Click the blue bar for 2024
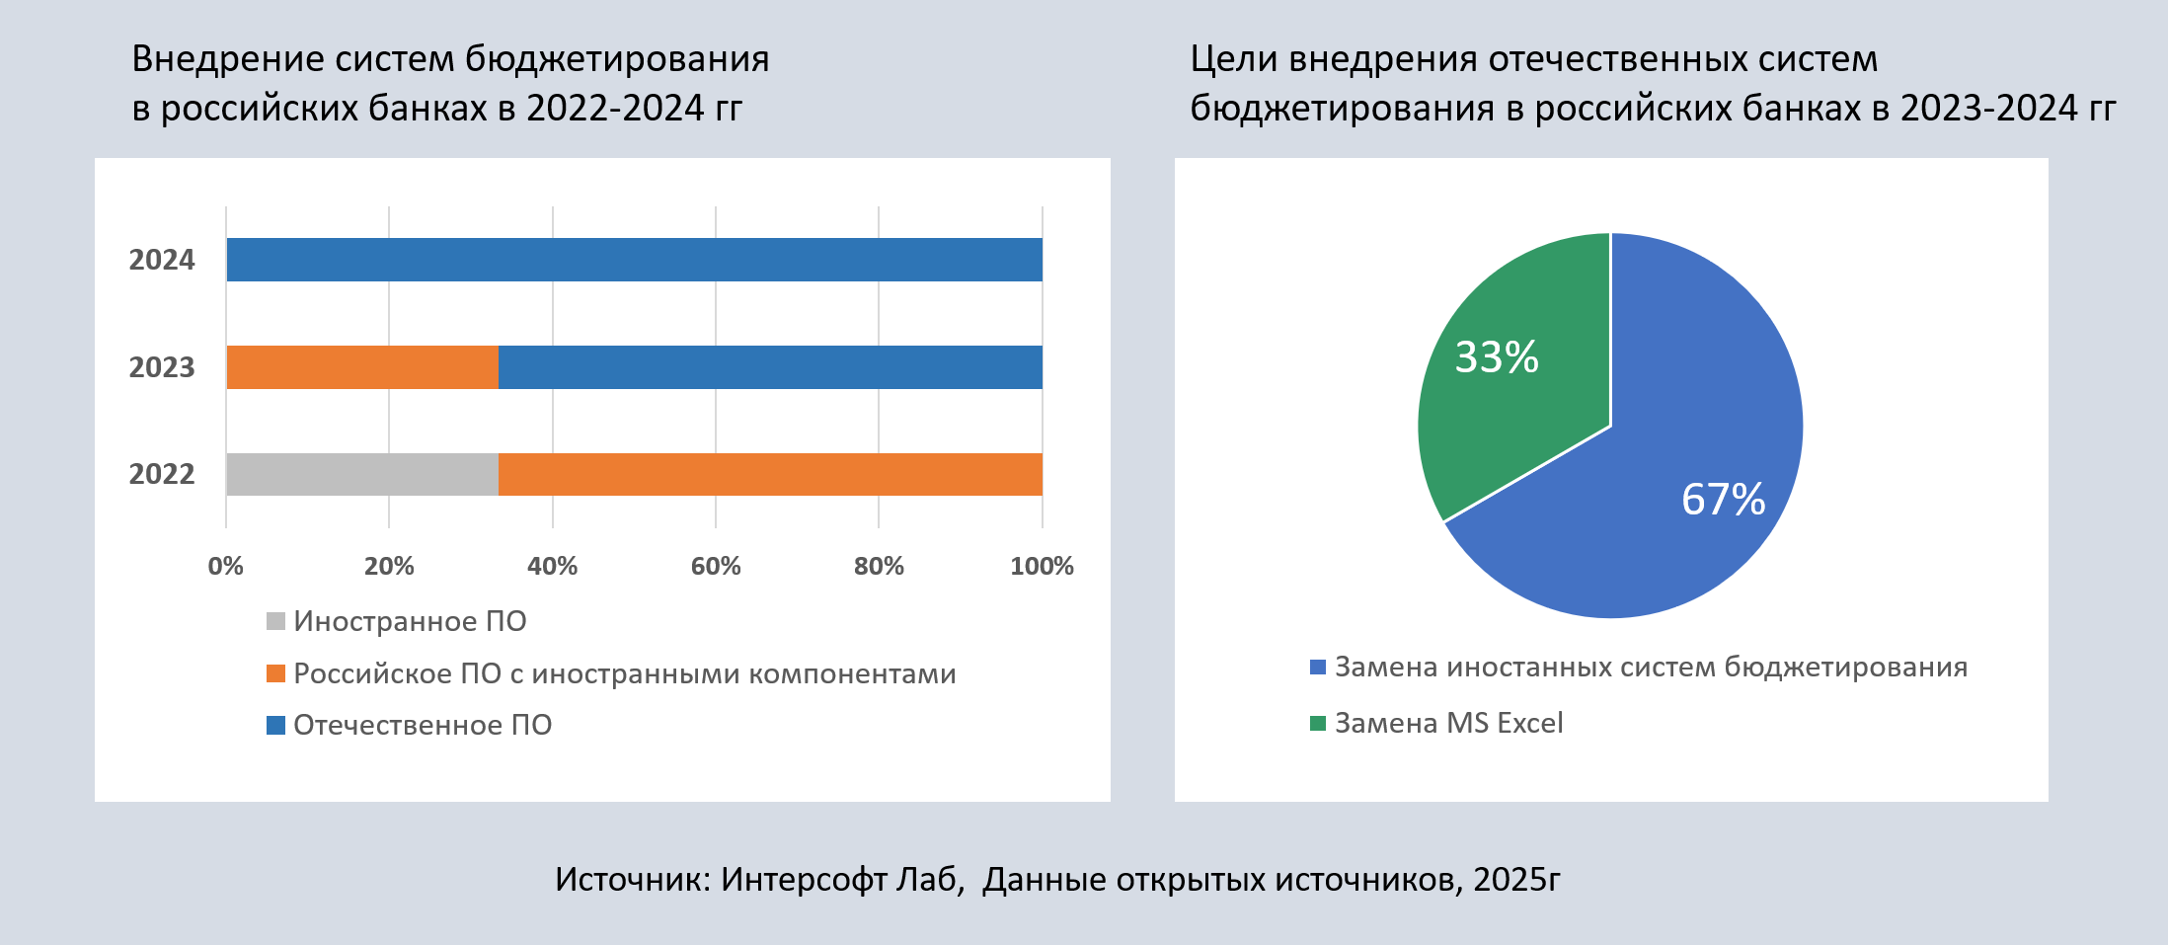pyautogui.click(x=634, y=260)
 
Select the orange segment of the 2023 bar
pyautogui.click(x=362, y=367)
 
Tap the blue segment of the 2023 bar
pyautogui.click(x=770, y=367)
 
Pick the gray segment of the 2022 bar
pyautogui.click(x=362, y=474)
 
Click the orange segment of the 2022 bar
pyautogui.click(x=770, y=474)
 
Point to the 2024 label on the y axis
pyautogui.click(x=162, y=260)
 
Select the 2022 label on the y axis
pyautogui.click(x=162, y=474)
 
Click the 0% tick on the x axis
pyautogui.click(x=226, y=566)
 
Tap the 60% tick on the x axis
pyautogui.click(x=716, y=566)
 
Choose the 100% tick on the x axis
pyautogui.click(x=1042, y=566)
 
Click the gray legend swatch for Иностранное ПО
pyautogui.click(x=275, y=621)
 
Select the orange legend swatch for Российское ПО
pyautogui.click(x=275, y=673)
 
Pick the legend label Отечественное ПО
pyautogui.click(x=423, y=725)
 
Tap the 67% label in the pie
pyautogui.click(x=1723, y=500)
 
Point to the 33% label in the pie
pyautogui.click(x=1497, y=357)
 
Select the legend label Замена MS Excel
pyautogui.click(x=1448, y=723)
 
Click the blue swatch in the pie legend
pyautogui.click(x=1317, y=668)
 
